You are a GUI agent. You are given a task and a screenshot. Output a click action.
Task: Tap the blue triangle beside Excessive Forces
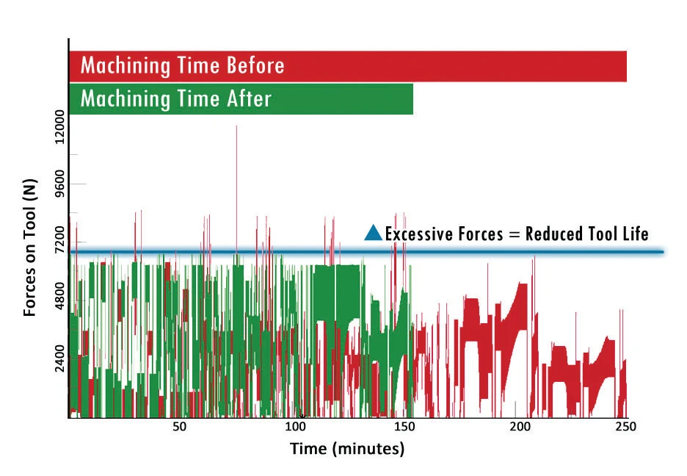pyautogui.click(x=374, y=234)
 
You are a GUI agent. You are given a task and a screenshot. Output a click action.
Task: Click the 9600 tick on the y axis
pyautogui.click(x=59, y=184)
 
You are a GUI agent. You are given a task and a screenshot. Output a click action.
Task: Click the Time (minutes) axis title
pyautogui.click(x=346, y=448)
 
